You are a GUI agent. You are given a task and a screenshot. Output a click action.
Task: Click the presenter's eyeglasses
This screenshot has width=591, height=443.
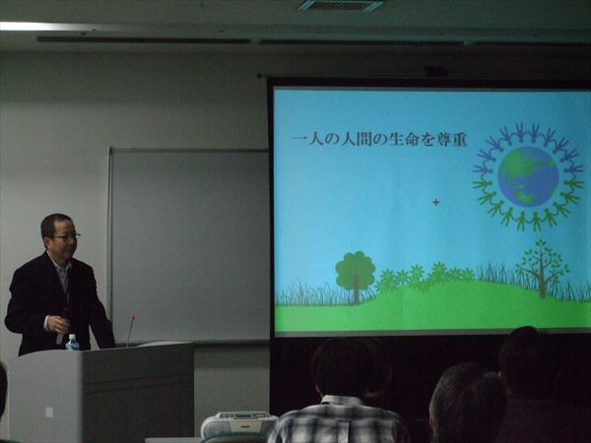[x=66, y=236]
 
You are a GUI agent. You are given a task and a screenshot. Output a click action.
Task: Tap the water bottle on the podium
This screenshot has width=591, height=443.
[x=72, y=342]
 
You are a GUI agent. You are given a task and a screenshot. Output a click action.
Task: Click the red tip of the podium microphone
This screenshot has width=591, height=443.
[x=133, y=318]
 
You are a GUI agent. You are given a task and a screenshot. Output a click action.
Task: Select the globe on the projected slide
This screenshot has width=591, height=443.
[x=528, y=176]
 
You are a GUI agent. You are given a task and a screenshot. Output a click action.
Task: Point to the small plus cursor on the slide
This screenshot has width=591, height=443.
[x=436, y=202]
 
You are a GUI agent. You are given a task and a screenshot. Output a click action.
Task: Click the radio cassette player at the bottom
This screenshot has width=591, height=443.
[x=238, y=423]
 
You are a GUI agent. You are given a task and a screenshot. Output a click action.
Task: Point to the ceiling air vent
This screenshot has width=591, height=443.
[x=341, y=5]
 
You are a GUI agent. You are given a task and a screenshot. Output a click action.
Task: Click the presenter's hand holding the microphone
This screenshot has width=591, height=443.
[x=58, y=324]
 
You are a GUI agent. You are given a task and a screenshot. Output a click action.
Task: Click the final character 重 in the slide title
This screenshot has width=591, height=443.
[x=458, y=140]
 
